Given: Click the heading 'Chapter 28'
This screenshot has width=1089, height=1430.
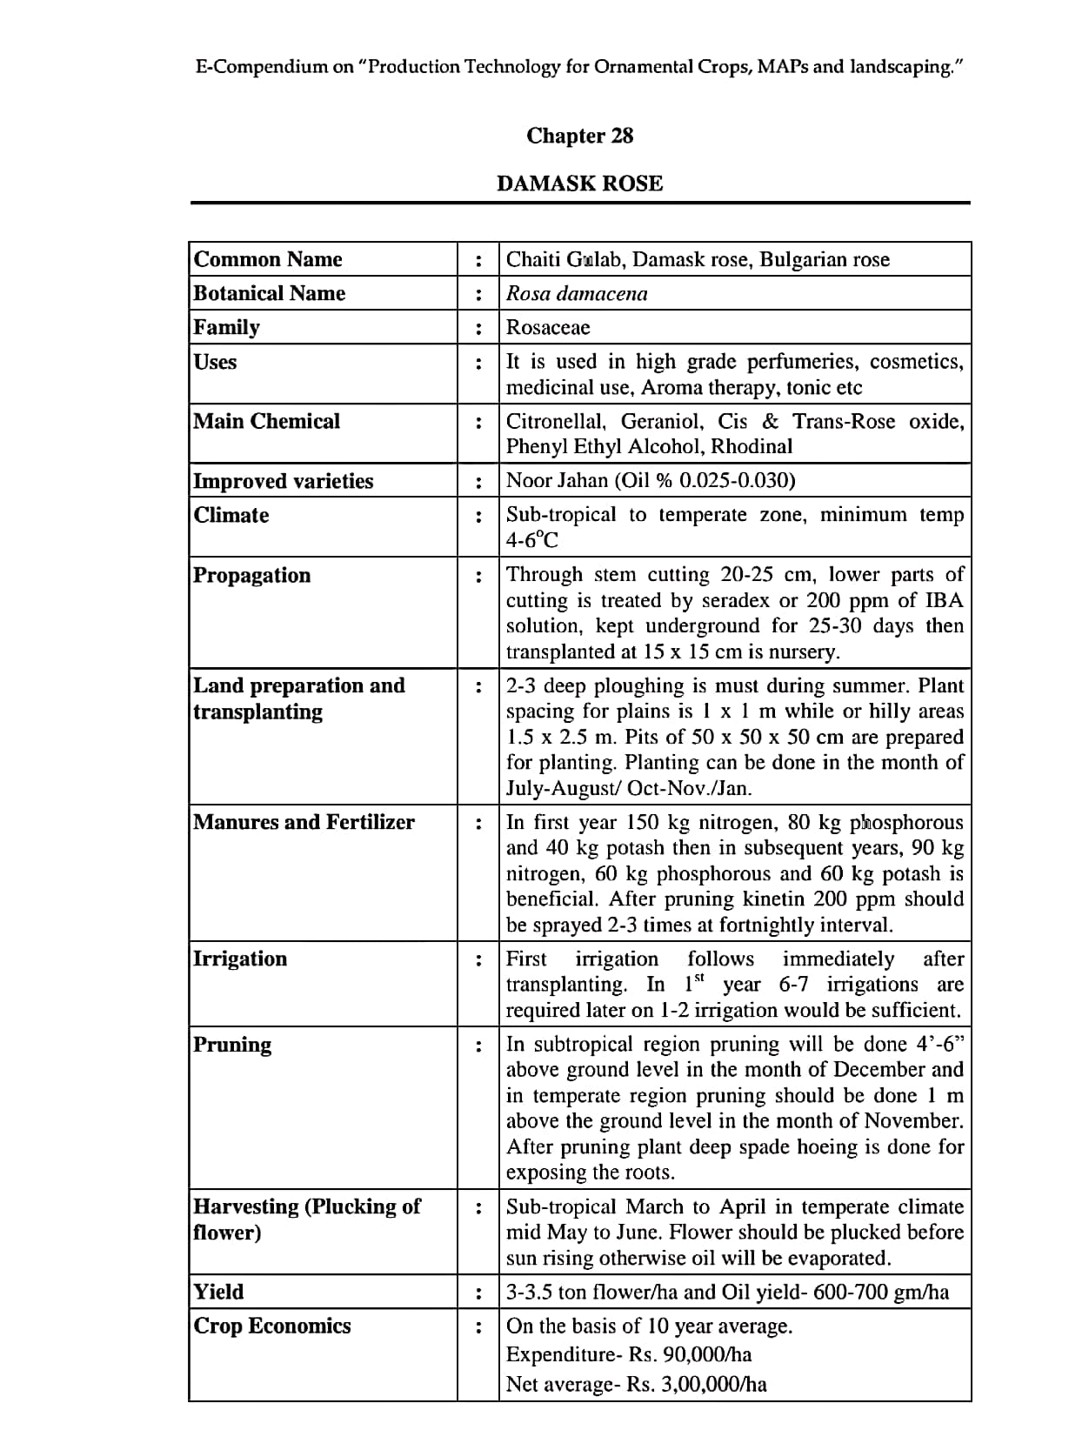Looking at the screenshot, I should click(x=579, y=136).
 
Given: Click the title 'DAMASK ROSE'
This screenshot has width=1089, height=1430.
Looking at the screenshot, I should click(x=579, y=184).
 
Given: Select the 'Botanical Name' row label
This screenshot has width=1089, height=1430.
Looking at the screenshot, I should click(x=269, y=293).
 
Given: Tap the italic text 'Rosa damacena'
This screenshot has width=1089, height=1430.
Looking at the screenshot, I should click(x=577, y=293).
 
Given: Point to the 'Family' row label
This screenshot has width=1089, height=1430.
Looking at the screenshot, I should click(x=226, y=327).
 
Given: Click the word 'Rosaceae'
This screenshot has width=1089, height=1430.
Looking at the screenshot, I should click(x=548, y=327).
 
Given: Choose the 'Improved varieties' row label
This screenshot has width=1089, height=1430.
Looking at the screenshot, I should click(x=283, y=481).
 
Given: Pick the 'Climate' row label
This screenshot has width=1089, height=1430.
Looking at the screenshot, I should click(x=231, y=515).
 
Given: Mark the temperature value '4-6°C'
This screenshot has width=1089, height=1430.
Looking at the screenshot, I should click(x=532, y=540).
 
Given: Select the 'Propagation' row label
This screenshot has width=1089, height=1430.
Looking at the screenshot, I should click(x=251, y=575).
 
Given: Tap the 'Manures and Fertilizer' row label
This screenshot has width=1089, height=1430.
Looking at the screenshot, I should click(x=304, y=822).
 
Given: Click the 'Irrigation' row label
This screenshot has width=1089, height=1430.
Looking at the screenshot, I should click(x=240, y=959).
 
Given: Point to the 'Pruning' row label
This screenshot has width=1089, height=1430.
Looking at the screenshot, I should click(x=232, y=1044).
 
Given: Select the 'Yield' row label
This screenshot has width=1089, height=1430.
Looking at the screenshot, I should click(x=218, y=1292).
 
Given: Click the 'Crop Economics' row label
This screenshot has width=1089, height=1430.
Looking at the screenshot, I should click(x=272, y=1326).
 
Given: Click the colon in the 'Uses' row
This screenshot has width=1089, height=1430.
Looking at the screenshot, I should click(x=478, y=363).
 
